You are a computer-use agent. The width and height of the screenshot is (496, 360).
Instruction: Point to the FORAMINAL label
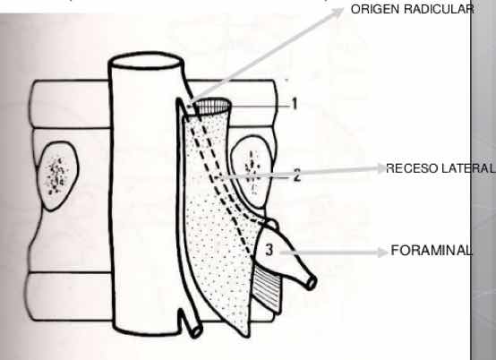click(x=432, y=251)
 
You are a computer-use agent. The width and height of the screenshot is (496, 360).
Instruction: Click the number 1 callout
click(x=295, y=104)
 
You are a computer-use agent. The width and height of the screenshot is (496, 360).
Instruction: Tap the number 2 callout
click(x=297, y=175)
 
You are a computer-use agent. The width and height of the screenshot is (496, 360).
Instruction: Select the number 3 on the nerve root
click(x=269, y=250)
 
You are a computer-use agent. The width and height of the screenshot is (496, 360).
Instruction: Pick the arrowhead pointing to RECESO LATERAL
click(x=381, y=168)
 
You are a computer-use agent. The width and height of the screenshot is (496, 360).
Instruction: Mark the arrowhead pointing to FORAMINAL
click(x=383, y=253)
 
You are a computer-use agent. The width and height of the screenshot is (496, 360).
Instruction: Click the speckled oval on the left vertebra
click(x=57, y=176)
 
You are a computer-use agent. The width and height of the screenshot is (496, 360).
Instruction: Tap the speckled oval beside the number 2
click(x=252, y=173)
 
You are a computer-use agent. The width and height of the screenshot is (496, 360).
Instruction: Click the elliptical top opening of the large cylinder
click(x=146, y=61)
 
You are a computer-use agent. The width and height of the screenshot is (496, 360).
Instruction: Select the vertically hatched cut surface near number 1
click(x=212, y=107)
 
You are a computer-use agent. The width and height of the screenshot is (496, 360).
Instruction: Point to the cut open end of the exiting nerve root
click(x=312, y=281)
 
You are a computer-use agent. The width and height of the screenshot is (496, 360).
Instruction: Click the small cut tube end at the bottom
click(x=196, y=331)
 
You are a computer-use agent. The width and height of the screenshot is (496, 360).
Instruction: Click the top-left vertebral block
click(x=70, y=104)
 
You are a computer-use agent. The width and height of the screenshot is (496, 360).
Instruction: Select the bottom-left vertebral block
click(x=70, y=296)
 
